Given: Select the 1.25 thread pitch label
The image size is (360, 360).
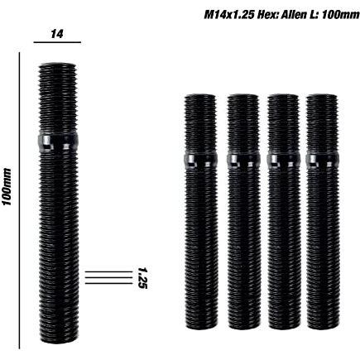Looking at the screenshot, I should (142, 277).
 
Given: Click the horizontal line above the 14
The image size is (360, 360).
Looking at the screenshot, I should (57, 41).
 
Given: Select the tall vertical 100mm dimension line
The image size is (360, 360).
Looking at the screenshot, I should (18, 199).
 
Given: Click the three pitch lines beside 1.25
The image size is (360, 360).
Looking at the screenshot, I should (108, 277).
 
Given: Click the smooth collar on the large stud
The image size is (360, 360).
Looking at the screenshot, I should (58, 141).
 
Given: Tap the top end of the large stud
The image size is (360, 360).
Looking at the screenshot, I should (58, 66).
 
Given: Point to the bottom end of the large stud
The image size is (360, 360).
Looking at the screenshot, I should (58, 339).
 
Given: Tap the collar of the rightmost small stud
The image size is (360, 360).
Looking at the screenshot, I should (321, 158).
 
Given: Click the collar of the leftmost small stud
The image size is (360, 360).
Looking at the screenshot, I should (199, 158).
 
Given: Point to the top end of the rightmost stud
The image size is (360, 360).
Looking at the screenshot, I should (321, 98).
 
